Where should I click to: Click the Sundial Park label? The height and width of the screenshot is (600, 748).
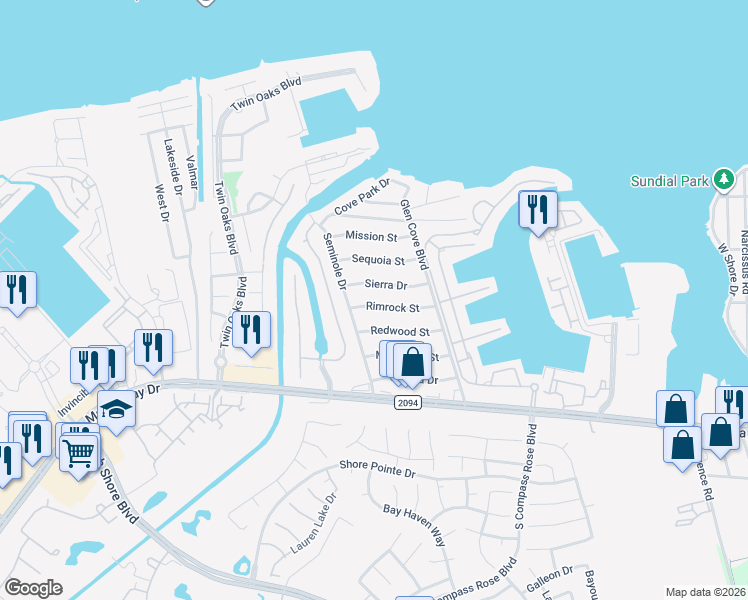[x=669, y=181]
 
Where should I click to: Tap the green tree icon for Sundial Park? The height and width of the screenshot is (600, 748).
[x=724, y=180]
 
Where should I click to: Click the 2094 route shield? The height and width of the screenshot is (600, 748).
[x=400, y=402]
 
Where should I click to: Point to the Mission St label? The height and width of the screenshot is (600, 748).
[x=371, y=236]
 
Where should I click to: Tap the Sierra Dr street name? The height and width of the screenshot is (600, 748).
[x=385, y=285]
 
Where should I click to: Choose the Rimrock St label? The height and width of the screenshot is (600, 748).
[x=392, y=308]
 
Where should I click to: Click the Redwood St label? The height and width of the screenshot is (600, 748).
[x=399, y=331]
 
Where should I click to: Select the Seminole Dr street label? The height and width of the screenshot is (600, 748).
[x=334, y=261]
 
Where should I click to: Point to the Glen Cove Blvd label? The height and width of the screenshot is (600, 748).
[x=414, y=233]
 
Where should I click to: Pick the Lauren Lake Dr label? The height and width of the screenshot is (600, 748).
[x=315, y=524]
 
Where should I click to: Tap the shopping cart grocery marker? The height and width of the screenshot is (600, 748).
[x=79, y=451]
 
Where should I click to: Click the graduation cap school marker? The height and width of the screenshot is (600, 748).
[x=117, y=409]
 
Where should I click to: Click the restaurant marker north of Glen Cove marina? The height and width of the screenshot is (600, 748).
[x=538, y=210]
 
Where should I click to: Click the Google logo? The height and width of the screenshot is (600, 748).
[x=34, y=588]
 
